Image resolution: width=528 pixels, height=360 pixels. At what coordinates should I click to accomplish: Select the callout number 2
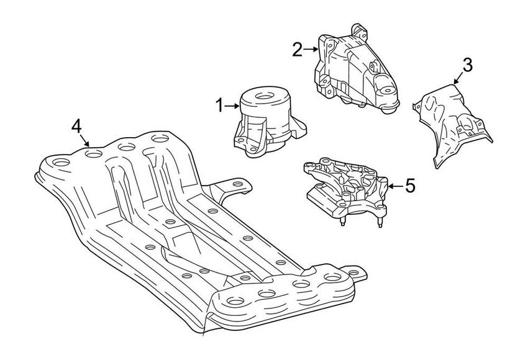(x=297, y=49)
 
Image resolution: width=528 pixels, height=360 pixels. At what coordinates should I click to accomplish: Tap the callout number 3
(x=467, y=65)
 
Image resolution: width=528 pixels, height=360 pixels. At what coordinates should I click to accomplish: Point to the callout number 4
(x=76, y=126)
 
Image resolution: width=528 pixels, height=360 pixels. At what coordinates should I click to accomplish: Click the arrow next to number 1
(x=232, y=106)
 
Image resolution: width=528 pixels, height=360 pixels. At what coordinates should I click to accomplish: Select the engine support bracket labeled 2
(x=354, y=71)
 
